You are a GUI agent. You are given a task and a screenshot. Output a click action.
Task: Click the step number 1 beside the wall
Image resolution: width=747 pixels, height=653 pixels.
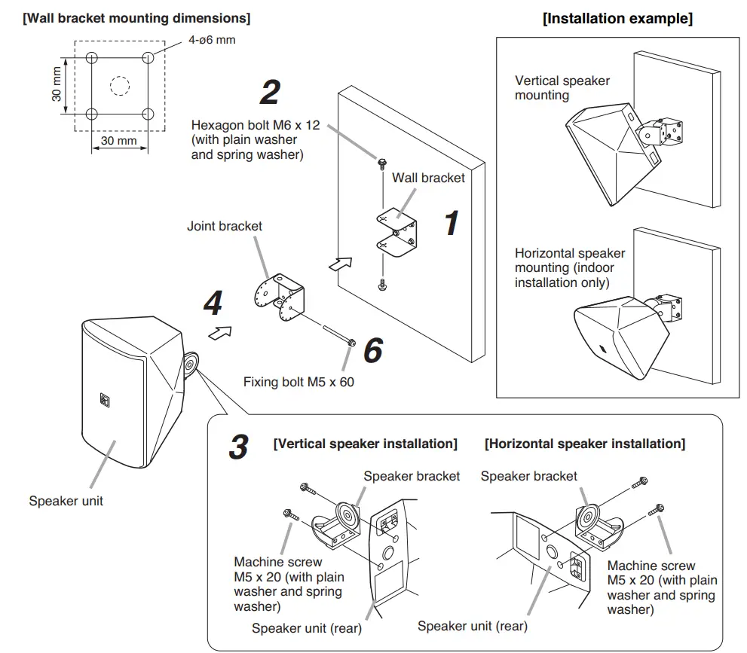point(450,224)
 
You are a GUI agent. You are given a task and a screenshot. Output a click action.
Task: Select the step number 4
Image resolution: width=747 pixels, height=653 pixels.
point(213,304)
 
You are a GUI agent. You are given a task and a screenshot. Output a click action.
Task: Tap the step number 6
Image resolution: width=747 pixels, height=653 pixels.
point(373,350)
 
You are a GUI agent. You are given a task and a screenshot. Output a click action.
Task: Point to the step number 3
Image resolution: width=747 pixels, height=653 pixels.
point(237,447)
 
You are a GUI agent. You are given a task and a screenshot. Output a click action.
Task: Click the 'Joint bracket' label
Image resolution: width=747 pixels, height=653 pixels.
point(225,225)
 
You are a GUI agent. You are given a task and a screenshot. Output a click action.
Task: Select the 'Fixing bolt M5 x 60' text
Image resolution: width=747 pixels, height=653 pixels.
point(298,382)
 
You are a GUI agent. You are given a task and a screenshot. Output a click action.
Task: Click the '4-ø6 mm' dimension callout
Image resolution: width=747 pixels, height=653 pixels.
point(211,39)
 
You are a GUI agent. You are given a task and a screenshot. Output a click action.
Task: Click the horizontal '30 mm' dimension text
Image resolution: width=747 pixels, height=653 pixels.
point(119,140)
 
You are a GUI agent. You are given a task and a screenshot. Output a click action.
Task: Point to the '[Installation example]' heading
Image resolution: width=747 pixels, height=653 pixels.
point(617,18)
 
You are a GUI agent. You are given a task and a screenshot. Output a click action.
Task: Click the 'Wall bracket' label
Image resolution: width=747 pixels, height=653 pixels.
point(428,179)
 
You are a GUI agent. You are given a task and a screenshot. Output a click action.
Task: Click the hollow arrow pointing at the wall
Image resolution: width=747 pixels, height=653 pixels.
point(340,264)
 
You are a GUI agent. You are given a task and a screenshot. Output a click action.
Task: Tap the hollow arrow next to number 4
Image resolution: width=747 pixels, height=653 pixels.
point(219,332)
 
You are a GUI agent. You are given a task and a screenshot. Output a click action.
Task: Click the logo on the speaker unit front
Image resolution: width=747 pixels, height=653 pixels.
point(104,399)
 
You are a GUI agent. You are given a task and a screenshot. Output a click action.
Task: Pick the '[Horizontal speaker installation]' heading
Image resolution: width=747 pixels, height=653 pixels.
point(585,444)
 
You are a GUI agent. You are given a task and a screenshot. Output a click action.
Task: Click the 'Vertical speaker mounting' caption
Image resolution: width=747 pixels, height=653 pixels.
point(562,87)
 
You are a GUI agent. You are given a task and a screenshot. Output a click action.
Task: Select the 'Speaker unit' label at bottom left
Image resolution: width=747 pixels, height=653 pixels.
point(66,500)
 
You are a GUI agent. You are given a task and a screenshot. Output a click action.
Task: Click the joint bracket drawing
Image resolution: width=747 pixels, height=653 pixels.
point(280,295)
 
